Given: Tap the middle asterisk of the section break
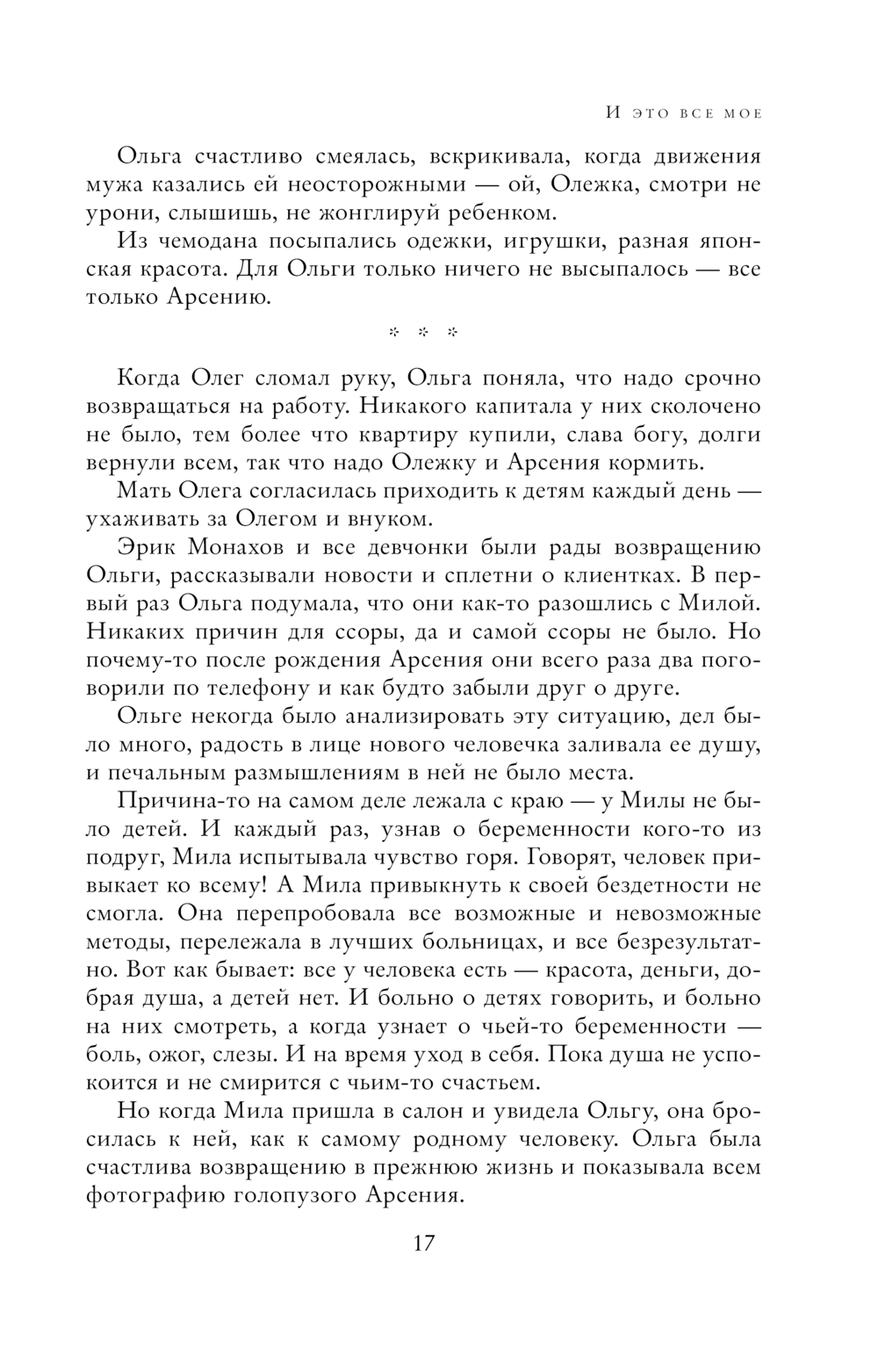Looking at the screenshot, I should click(x=423, y=333).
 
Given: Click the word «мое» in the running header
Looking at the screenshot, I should click(x=742, y=113).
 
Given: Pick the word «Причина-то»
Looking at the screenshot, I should click(x=181, y=801).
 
